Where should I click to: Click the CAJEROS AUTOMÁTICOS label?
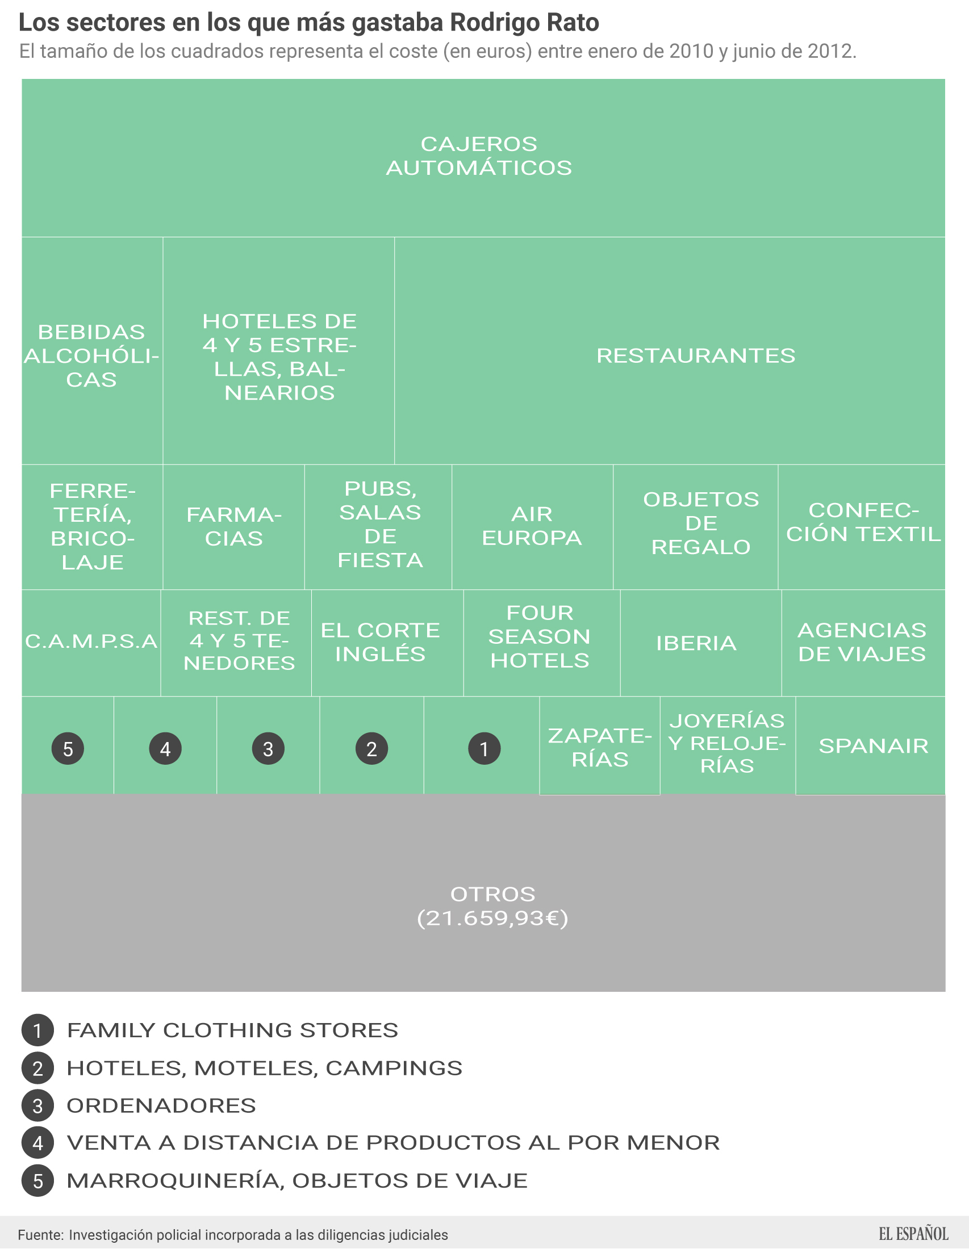[x=479, y=156]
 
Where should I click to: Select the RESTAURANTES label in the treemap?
[x=696, y=356]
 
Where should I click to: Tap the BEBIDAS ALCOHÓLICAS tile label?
[x=91, y=356]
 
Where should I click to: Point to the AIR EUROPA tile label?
[x=532, y=526]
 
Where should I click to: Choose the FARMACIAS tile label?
[x=234, y=527]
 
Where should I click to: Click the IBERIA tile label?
[x=696, y=643]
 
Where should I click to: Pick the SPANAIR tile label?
[x=874, y=746]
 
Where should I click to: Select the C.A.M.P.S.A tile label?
[x=91, y=641]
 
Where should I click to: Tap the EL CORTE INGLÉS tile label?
[x=381, y=642]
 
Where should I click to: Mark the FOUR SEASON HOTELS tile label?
[x=540, y=636]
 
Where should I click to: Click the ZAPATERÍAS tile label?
[x=600, y=748]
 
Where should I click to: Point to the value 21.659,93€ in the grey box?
[x=492, y=919]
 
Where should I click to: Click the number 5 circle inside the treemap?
[x=68, y=749]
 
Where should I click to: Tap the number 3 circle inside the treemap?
[x=268, y=749]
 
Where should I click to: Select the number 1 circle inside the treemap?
[x=484, y=749]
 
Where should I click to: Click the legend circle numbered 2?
[x=37, y=1068]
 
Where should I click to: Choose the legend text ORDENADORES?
[x=161, y=1106]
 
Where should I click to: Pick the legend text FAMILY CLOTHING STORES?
[x=232, y=1030]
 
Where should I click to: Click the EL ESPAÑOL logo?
[x=913, y=1234]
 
